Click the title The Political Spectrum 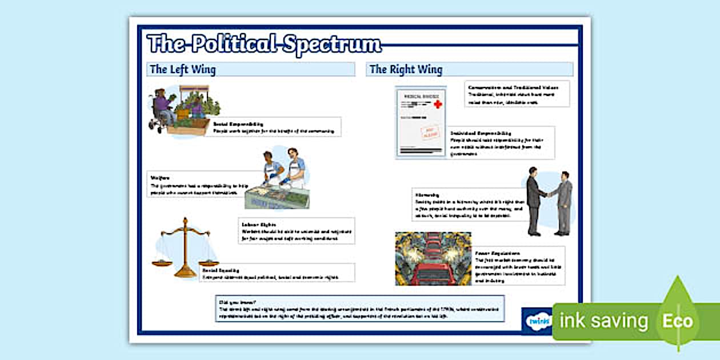click(x=264, y=44)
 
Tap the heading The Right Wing click(x=406, y=70)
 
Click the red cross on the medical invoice click(x=438, y=105)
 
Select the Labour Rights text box click(x=296, y=230)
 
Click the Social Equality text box click(x=277, y=273)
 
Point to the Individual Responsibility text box click(x=501, y=143)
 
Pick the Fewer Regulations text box click(x=518, y=266)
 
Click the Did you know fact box click(x=359, y=309)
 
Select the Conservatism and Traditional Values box click(x=517, y=94)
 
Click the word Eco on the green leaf click(x=677, y=321)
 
